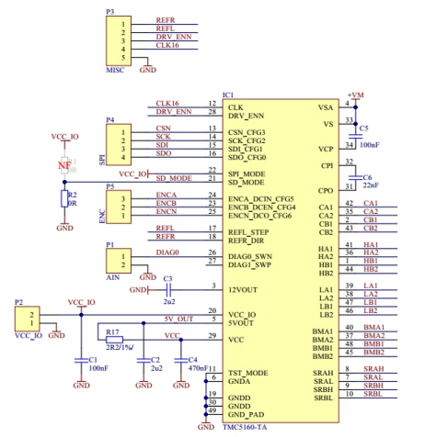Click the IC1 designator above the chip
click(228, 95)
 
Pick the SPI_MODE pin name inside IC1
click(247, 171)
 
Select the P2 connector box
click(27, 319)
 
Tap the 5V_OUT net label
click(178, 318)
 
